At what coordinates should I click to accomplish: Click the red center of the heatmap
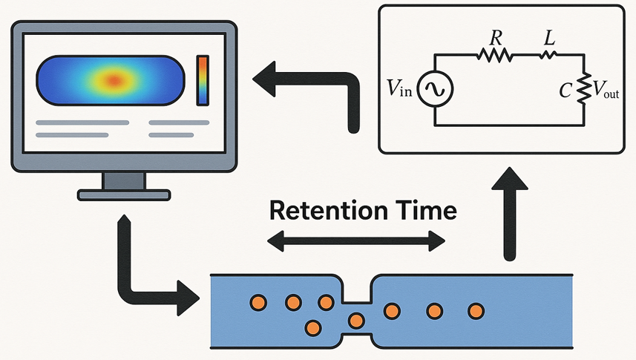(114, 79)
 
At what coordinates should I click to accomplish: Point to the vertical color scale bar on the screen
(203, 79)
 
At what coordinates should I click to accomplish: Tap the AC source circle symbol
(433, 90)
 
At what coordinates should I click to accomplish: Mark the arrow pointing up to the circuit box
(508, 215)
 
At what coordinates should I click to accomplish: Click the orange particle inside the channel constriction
(357, 320)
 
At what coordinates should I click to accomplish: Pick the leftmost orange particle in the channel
(258, 302)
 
